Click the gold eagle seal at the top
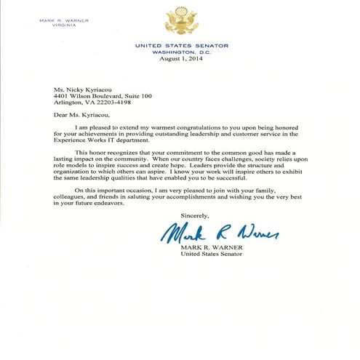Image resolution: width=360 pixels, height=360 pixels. tap(181, 20)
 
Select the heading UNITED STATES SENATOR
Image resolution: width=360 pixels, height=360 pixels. tap(181, 45)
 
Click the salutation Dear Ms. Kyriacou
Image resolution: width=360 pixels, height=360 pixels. tap(74, 115)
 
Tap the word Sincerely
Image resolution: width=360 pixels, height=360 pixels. tap(195, 215)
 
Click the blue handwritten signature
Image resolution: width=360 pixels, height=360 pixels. tap(218, 233)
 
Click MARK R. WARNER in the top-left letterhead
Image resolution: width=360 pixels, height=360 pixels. tap(64, 20)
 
